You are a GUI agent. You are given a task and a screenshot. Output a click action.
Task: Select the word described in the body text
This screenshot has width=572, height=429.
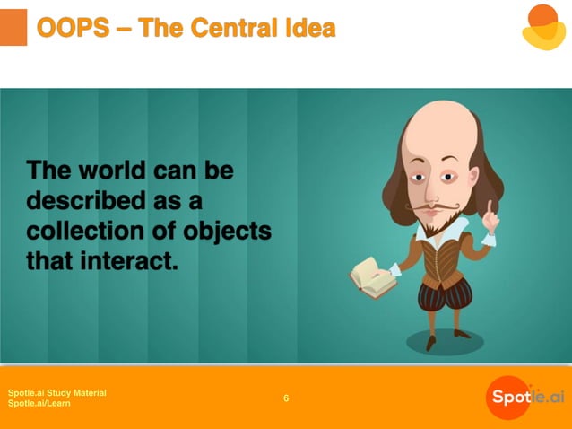(86, 199)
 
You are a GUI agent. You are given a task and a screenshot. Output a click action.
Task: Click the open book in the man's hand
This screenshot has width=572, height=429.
(372, 277)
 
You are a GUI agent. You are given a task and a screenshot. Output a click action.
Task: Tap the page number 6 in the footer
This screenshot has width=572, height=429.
(286, 398)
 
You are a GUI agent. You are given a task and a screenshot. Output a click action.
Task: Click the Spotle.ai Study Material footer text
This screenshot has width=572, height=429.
(56, 393)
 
